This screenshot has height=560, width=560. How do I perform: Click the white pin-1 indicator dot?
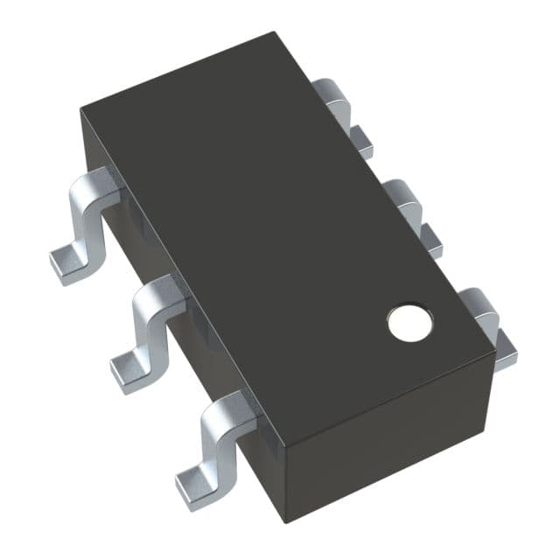(410, 323)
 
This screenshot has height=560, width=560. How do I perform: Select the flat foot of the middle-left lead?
(130, 367)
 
